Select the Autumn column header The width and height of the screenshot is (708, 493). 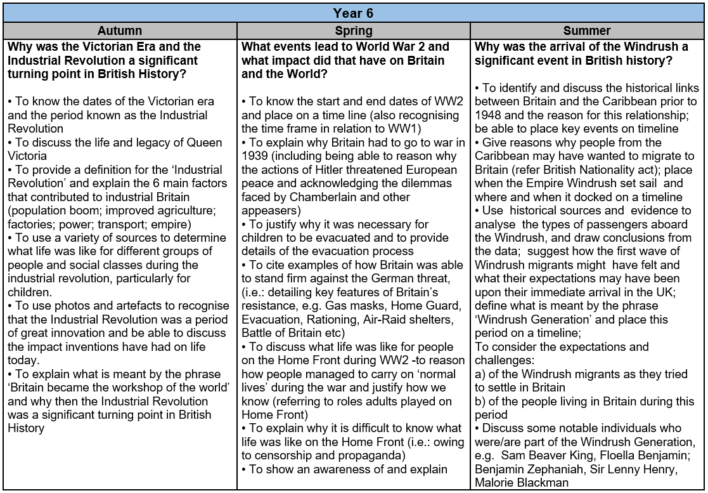click(x=120, y=30)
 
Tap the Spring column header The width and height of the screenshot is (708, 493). click(x=354, y=30)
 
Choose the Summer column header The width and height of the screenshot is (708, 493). click(x=587, y=30)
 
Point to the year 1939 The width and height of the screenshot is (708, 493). click(x=255, y=156)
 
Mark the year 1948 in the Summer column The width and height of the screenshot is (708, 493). click(x=489, y=115)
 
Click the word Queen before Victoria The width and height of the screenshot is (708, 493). click(x=189, y=142)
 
